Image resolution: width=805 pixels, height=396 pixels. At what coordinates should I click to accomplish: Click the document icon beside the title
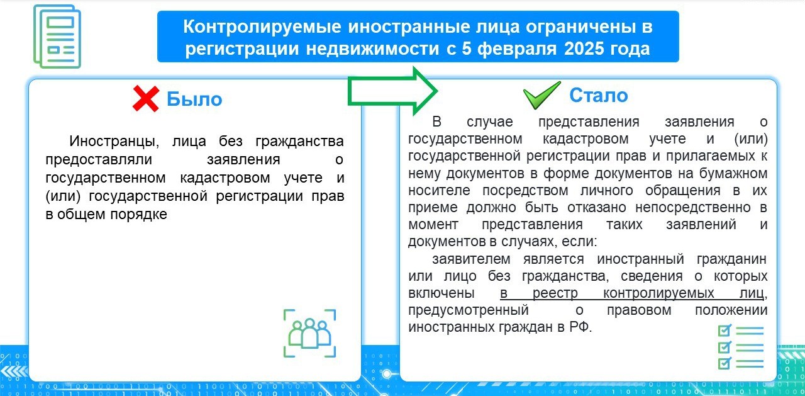click(57, 37)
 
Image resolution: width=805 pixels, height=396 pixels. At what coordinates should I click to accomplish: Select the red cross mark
click(145, 99)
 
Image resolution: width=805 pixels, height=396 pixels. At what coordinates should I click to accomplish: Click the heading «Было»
click(194, 99)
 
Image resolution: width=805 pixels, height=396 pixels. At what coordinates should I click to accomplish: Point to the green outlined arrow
click(392, 91)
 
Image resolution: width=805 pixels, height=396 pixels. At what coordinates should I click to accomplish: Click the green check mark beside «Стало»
click(541, 95)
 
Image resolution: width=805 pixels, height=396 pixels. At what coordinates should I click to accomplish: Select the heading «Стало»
click(598, 95)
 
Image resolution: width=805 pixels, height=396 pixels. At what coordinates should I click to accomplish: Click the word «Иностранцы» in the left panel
click(114, 142)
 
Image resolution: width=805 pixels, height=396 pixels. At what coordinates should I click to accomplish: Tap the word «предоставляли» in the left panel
click(99, 160)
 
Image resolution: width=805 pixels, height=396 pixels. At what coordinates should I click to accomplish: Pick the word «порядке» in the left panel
click(139, 215)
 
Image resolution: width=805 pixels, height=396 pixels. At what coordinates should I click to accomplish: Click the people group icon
click(310, 333)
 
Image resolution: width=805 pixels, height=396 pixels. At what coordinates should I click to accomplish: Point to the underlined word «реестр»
click(555, 293)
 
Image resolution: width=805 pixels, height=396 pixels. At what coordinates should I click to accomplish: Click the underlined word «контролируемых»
click(658, 293)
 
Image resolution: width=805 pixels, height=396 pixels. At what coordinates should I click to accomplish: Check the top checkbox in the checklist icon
click(724, 330)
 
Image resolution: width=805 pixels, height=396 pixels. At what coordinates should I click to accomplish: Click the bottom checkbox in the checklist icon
click(724, 363)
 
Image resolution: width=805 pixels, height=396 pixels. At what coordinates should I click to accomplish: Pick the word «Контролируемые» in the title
click(262, 27)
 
